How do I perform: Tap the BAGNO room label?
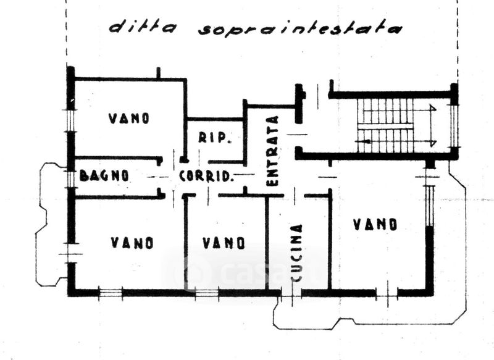tap(104, 175)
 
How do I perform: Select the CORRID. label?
tap(206, 176)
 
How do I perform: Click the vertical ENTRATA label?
tap(272, 151)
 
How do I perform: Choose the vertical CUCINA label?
tap(296, 253)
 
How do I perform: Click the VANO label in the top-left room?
tap(129, 118)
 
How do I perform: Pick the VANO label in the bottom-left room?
tap(132, 243)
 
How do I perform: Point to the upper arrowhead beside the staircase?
tap(433, 110)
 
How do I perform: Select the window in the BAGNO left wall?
tap(71, 177)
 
